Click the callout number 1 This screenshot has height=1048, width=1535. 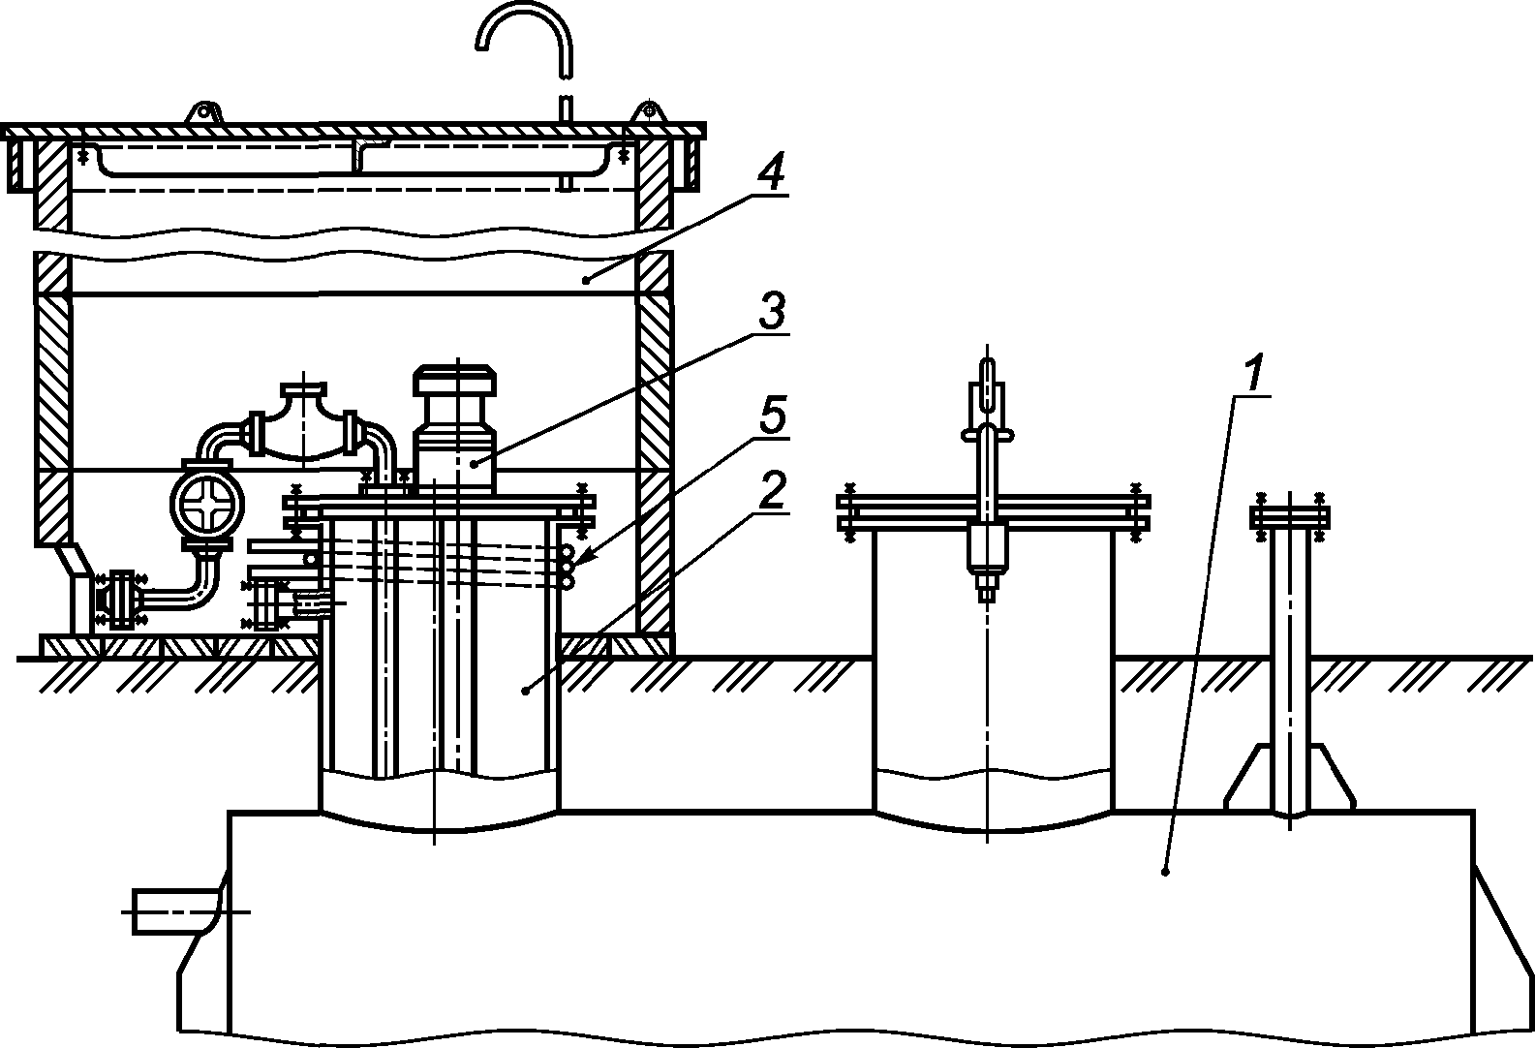point(1255,374)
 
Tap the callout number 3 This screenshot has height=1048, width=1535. point(772,312)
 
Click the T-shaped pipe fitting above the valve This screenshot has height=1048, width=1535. point(304,424)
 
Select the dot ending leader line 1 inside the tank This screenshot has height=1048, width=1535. point(1166,872)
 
